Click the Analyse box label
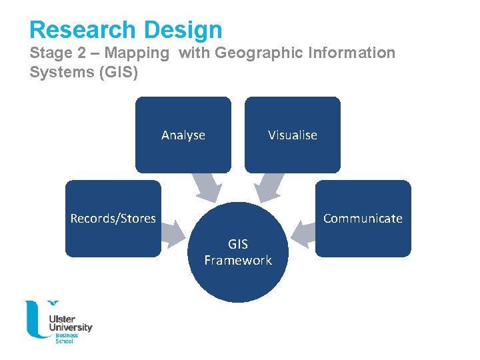click(x=183, y=135)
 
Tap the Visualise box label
click(x=293, y=135)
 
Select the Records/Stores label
click(x=113, y=219)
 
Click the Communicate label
click(x=363, y=219)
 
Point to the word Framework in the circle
click(x=238, y=261)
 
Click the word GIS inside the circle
click(x=238, y=245)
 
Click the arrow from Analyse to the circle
click(x=207, y=187)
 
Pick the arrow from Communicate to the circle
click(x=303, y=232)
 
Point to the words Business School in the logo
click(x=67, y=338)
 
